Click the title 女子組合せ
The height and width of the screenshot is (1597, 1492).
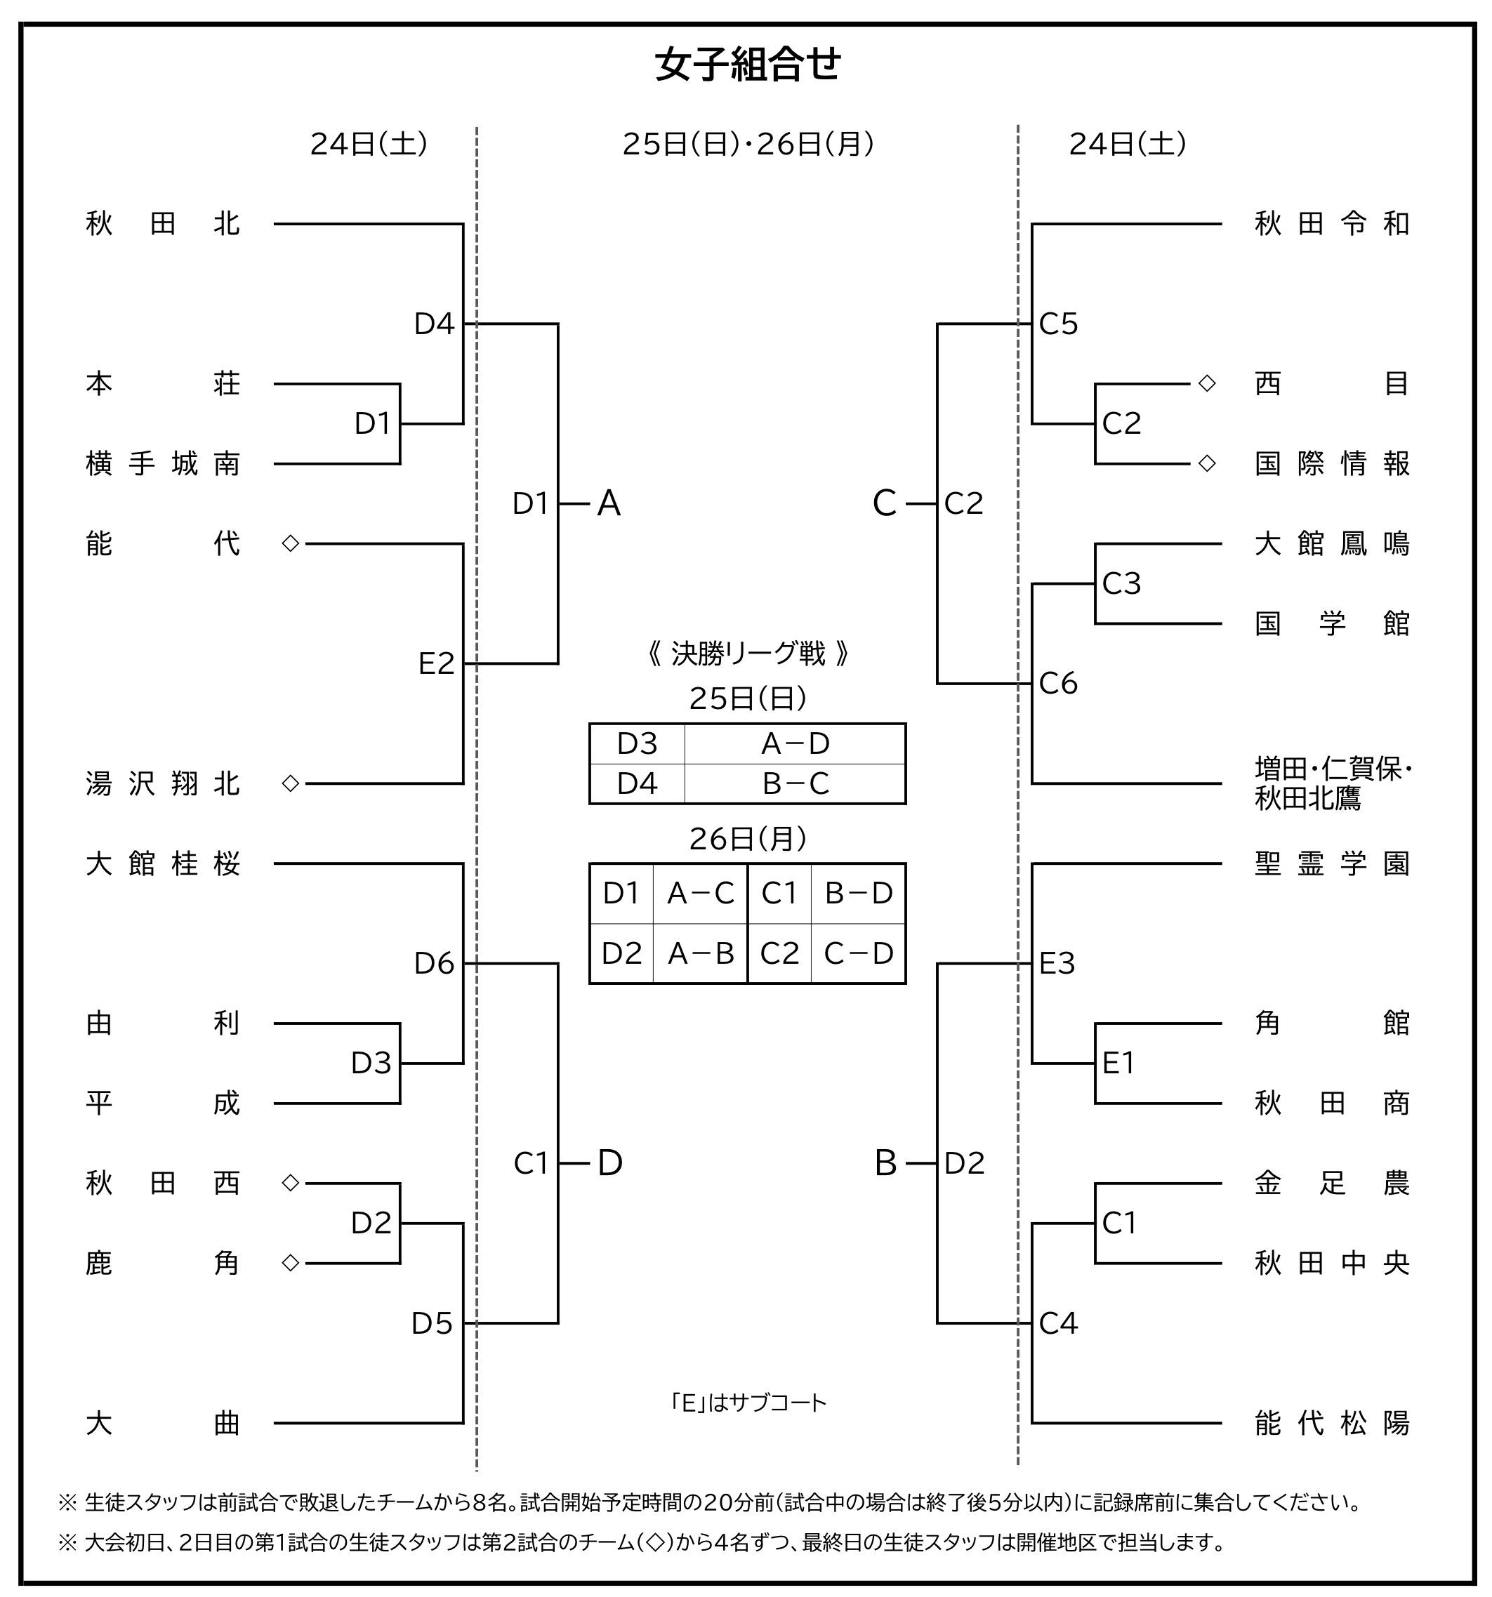tap(747, 66)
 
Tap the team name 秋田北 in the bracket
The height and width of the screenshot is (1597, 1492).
tap(162, 224)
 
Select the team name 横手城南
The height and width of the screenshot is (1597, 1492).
tap(162, 464)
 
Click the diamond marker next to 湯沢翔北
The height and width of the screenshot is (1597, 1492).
tap(291, 783)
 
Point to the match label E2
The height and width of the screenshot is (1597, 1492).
tap(436, 664)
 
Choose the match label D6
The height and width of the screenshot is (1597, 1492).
tap(434, 964)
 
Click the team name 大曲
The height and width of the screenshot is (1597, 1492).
tap(162, 1424)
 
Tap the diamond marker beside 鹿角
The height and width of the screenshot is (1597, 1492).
tap(291, 1264)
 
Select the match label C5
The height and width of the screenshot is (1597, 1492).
tap(1058, 324)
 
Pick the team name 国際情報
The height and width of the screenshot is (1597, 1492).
tap(1331, 464)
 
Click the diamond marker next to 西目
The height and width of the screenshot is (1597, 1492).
tap(1207, 384)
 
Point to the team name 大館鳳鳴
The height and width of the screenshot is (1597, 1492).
tap(1331, 545)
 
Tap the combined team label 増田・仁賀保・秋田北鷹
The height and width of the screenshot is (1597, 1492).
tap(1331, 784)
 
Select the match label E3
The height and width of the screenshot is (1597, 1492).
tap(1057, 964)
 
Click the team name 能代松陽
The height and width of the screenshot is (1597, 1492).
tap(1331, 1424)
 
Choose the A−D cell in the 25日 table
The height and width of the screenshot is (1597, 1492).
tap(795, 745)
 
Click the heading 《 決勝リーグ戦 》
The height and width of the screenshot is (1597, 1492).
tap(747, 655)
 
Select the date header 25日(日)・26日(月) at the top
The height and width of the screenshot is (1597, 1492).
tap(747, 145)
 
